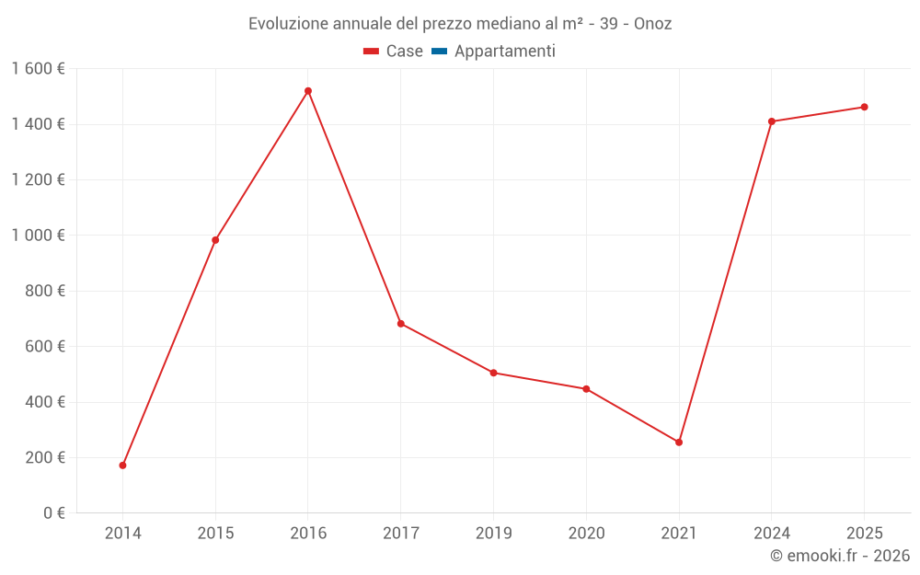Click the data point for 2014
coord(122,466)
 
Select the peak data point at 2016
coord(308,91)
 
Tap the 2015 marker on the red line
coord(215,240)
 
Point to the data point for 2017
coord(401,324)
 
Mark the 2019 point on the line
coord(494,373)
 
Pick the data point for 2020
coord(586,389)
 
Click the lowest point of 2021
coord(679,443)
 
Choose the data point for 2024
coord(772,121)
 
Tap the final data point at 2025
coord(864,107)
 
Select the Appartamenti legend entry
coord(504,52)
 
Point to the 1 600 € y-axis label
coord(38,69)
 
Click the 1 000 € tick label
coord(38,236)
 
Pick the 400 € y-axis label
coord(43,402)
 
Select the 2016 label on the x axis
coord(308,534)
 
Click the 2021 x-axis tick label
coord(679,534)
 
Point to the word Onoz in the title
coord(652,24)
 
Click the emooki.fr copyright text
coord(839,556)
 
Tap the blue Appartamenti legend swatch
coord(439,52)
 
